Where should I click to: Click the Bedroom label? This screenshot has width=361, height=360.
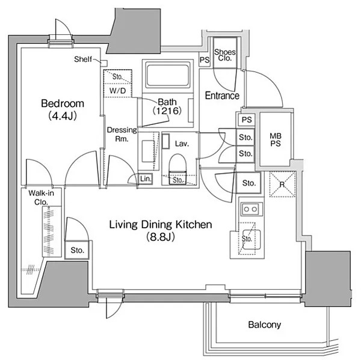point(63,103)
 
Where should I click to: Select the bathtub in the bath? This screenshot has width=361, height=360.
point(168,75)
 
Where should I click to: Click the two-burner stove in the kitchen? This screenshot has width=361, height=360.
point(251,209)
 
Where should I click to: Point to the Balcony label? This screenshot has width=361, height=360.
point(265,325)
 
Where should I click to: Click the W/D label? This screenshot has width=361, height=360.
point(117,91)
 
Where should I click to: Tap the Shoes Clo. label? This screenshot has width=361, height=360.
point(224,55)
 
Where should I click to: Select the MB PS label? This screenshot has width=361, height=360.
point(276,140)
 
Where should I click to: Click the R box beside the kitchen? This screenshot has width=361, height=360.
point(282,185)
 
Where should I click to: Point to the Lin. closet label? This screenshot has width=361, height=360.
point(146,178)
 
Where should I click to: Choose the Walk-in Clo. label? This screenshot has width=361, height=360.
point(41,197)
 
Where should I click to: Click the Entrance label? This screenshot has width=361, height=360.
point(222,96)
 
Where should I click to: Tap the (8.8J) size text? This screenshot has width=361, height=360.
point(161,236)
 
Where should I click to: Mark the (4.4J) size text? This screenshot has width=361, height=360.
point(63,116)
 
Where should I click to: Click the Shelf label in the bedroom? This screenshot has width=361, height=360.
point(82,59)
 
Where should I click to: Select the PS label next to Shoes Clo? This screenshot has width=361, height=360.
point(205,60)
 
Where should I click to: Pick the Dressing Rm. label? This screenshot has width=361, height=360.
point(122,135)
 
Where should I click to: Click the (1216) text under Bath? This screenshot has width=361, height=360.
point(167,111)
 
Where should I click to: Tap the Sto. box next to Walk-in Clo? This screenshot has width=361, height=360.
point(77,250)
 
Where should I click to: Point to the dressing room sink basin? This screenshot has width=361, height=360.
point(148,151)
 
